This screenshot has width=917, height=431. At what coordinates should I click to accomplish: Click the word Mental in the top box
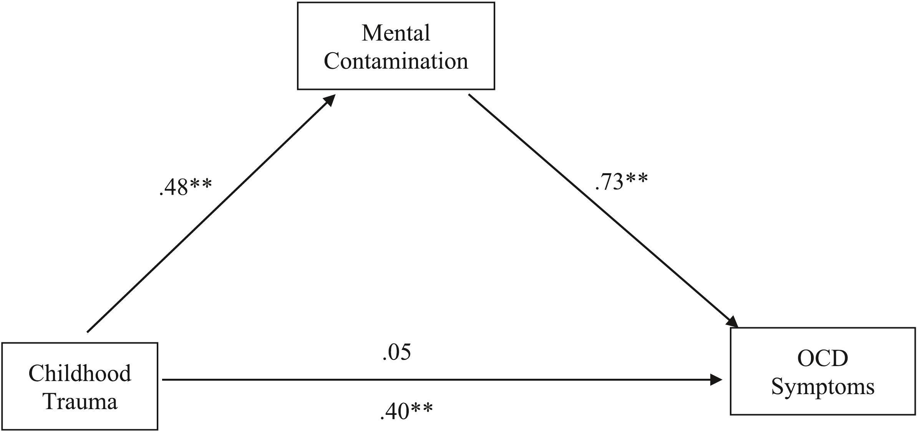tap(396, 33)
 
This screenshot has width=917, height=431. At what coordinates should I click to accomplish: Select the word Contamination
tap(396, 61)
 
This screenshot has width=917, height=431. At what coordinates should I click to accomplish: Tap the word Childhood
tap(80, 373)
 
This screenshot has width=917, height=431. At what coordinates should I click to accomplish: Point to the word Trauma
tap(80, 402)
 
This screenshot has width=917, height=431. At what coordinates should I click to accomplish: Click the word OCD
tap(822, 358)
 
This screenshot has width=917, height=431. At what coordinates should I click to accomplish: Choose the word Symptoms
tap(822, 386)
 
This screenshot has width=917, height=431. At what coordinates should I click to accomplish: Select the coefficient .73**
tap(621, 182)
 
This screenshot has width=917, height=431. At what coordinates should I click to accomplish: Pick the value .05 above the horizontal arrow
tap(396, 352)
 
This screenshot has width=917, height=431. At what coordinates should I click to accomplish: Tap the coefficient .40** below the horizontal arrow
tap(406, 411)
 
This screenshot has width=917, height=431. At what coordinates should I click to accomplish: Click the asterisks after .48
tap(200, 184)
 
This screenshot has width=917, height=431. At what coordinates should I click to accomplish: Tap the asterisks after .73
tap(637, 178)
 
